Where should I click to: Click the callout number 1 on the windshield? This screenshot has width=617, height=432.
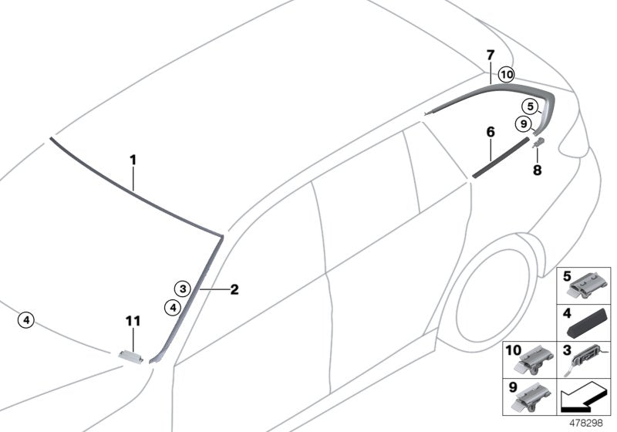133,160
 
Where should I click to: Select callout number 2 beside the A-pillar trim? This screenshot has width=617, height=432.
234,290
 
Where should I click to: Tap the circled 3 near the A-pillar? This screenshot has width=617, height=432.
181,289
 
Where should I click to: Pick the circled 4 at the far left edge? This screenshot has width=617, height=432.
26,319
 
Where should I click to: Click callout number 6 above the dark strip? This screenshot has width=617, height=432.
490,133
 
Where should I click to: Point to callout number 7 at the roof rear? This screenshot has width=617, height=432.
490,55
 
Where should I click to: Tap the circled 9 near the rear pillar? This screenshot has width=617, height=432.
523,123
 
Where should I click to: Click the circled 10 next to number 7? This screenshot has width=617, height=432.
506,75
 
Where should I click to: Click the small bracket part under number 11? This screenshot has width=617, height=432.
133,354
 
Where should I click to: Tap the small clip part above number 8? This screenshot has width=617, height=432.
539,142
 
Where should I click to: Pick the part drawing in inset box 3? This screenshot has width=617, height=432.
591,358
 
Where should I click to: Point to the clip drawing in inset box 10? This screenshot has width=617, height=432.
532,359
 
